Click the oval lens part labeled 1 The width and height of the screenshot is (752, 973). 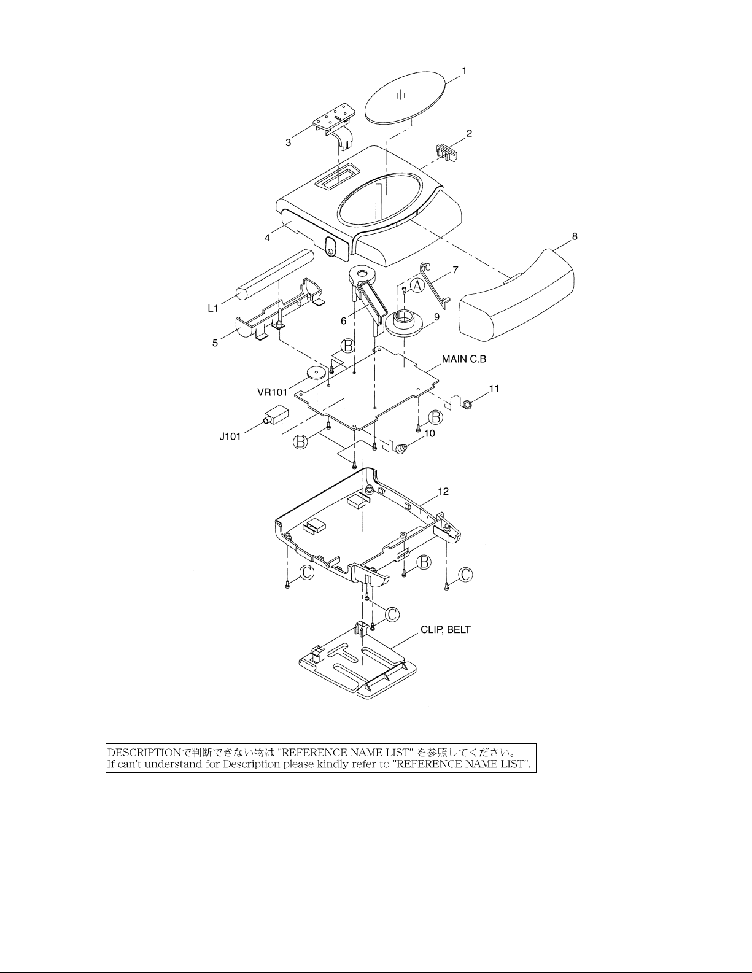pos(406,97)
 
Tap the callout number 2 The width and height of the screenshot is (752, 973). pos(469,133)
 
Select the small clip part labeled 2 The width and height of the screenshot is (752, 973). pos(448,152)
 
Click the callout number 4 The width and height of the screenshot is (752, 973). pos(267,238)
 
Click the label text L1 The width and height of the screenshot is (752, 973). pos(213,308)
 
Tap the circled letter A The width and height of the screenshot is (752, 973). pos(417,285)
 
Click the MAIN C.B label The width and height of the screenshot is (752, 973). pos(463,359)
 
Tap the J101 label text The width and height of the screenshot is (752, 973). pos(230,436)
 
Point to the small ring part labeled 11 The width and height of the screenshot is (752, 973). pos(468,405)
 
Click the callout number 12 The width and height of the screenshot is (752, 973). pos(443,492)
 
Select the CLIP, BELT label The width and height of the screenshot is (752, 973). pos(446,630)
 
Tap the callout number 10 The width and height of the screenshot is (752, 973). pos(430,433)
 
